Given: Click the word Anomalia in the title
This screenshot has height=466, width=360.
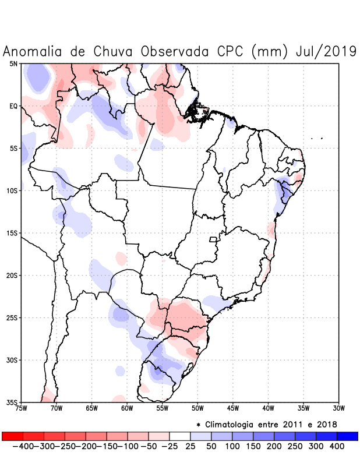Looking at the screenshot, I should click(33, 51).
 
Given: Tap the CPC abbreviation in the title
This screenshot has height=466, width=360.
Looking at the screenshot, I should click(229, 51).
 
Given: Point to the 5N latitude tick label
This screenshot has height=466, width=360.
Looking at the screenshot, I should click(13, 63).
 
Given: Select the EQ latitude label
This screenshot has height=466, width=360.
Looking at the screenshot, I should click(13, 106).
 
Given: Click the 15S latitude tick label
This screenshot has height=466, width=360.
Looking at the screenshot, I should click(12, 233).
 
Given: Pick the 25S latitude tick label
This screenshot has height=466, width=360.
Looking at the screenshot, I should click(12, 318).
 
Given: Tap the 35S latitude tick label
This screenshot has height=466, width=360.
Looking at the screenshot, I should click(12, 403).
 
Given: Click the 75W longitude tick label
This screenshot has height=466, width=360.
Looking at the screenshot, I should click(22, 408).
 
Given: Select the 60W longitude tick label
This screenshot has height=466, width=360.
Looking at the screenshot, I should click(127, 408).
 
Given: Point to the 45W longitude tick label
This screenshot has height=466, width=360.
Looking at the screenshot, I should click(233, 408).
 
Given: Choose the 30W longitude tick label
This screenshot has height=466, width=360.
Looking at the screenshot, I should click(338, 408).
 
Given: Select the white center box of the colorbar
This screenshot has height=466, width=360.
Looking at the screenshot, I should click(180, 436).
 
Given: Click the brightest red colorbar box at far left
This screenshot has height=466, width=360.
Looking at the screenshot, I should click(13, 436).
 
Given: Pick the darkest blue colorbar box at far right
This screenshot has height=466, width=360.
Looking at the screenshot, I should click(347, 436).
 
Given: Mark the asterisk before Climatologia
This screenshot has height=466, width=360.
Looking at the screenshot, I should click(199, 424).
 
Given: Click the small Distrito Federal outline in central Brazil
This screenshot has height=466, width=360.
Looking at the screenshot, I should click(213, 239).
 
